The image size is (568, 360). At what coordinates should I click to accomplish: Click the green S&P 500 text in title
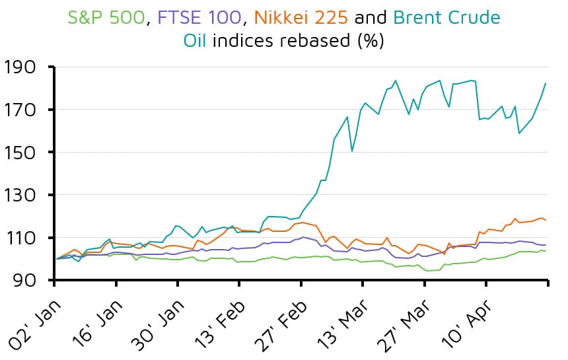(x=106, y=17)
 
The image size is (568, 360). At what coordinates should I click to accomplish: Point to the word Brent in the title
(x=422, y=17)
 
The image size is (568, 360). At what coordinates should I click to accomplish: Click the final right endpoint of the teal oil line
(x=546, y=83)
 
